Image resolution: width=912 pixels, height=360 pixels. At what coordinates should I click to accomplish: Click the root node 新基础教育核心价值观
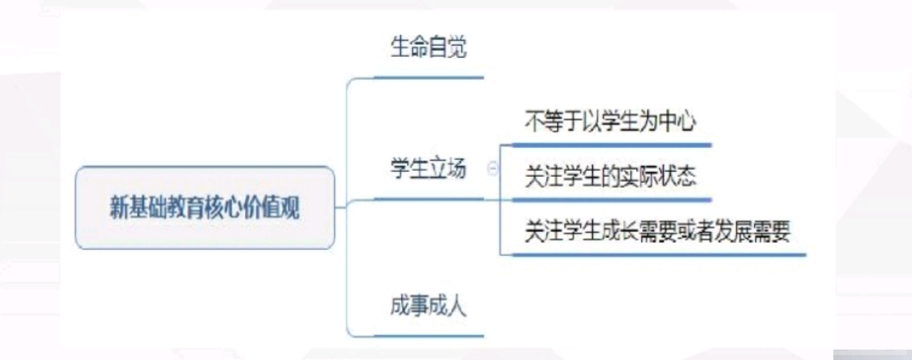pos(205,208)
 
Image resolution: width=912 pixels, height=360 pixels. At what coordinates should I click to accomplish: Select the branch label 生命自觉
pos(427,47)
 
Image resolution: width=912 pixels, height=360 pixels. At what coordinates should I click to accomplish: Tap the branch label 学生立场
pos(427,168)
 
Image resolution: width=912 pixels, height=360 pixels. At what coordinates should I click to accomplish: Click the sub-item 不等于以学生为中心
pos(610,122)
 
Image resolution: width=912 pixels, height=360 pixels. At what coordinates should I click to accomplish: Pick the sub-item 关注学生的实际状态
pos(610,177)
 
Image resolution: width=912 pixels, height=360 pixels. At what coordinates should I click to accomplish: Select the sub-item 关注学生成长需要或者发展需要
pos(657,232)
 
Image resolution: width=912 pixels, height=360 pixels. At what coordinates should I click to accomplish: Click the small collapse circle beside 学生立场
pos(492,170)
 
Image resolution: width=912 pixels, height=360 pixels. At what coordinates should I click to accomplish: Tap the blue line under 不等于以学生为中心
pos(610,144)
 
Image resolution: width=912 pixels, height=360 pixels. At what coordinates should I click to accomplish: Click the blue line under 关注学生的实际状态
pos(610,199)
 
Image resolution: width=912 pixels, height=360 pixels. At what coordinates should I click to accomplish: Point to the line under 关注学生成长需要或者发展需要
pos(657,254)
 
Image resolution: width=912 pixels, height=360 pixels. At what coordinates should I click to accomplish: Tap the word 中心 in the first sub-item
pos(678,122)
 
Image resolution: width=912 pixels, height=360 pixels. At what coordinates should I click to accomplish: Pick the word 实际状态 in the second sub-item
pos(661,177)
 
